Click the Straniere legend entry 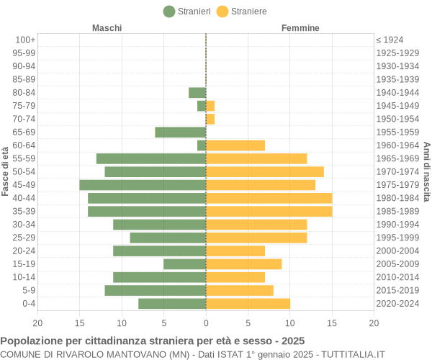[x=242, y=11]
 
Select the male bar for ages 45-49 [x=143, y=185]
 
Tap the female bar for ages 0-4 [x=248, y=304]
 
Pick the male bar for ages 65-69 [x=181, y=132]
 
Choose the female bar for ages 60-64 [x=235, y=145]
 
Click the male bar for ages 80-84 [x=197, y=92]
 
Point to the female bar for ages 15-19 [x=243, y=264]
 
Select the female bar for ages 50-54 [x=265, y=171]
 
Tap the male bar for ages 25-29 [x=168, y=238]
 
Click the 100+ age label [x=25, y=40]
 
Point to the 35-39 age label [x=24, y=211]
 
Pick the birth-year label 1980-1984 [x=397, y=198]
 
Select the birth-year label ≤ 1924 [x=390, y=40]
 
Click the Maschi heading [x=107, y=28]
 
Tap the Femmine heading [x=300, y=28]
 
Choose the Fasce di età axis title [x=5, y=171]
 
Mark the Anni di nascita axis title [x=426, y=171]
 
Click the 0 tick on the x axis [x=206, y=323]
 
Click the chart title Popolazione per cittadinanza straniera [x=153, y=341]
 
